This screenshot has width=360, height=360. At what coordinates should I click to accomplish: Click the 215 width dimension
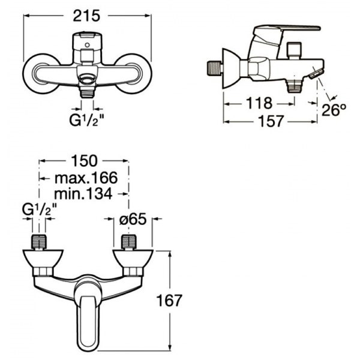[86, 16]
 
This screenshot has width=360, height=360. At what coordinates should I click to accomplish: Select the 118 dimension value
[259, 103]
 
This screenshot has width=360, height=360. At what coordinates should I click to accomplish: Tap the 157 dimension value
[271, 121]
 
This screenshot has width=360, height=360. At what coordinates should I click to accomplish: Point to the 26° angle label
[334, 110]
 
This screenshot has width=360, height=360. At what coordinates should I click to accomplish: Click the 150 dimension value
[84, 161]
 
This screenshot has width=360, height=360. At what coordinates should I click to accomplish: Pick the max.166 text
[86, 178]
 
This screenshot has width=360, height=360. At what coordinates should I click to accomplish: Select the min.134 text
[83, 194]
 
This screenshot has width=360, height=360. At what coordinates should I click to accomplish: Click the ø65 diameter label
[133, 218]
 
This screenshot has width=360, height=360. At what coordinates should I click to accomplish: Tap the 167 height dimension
[169, 301]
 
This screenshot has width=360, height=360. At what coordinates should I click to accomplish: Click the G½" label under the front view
[86, 120]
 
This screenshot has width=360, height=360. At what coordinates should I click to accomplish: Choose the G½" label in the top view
[39, 209]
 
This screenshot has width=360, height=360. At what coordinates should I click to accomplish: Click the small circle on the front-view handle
[87, 45]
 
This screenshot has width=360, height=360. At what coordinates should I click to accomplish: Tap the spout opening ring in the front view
[87, 79]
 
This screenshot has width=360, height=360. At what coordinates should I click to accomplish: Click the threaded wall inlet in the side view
[215, 68]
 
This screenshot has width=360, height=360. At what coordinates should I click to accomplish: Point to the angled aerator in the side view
[316, 74]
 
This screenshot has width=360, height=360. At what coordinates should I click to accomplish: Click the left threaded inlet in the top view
[39, 242]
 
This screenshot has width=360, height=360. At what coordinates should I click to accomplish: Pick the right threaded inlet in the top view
[128, 242]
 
